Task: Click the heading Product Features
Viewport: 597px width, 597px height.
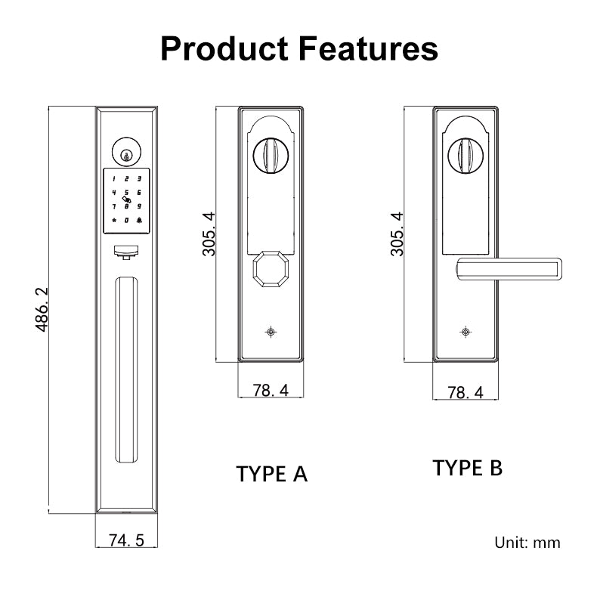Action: pyautogui.click(x=299, y=48)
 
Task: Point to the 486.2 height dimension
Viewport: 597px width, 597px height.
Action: pyautogui.click(x=43, y=310)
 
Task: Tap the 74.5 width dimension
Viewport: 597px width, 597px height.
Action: pyautogui.click(x=126, y=540)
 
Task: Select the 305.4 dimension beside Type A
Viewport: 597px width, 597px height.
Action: pyautogui.click(x=209, y=234)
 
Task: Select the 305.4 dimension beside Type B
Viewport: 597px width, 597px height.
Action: pyautogui.click(x=397, y=234)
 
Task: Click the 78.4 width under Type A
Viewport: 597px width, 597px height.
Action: pyautogui.click(x=271, y=391)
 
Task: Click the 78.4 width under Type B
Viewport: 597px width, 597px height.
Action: pyautogui.click(x=466, y=392)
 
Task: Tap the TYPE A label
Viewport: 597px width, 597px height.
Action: pyautogui.click(x=272, y=474)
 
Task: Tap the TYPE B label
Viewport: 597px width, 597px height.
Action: pyautogui.click(x=467, y=468)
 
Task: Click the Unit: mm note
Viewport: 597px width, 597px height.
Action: pyautogui.click(x=527, y=542)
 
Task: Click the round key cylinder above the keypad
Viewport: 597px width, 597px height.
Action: pyautogui.click(x=126, y=151)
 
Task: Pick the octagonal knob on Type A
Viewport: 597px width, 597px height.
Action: pyautogui.click(x=271, y=269)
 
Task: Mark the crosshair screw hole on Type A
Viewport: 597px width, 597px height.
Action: pyautogui.click(x=271, y=332)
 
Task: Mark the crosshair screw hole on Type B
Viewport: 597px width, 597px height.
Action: pyautogui.click(x=466, y=332)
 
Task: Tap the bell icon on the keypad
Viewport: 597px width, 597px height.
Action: pyautogui.click(x=141, y=220)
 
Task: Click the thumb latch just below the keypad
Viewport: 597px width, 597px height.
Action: pyautogui.click(x=126, y=250)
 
